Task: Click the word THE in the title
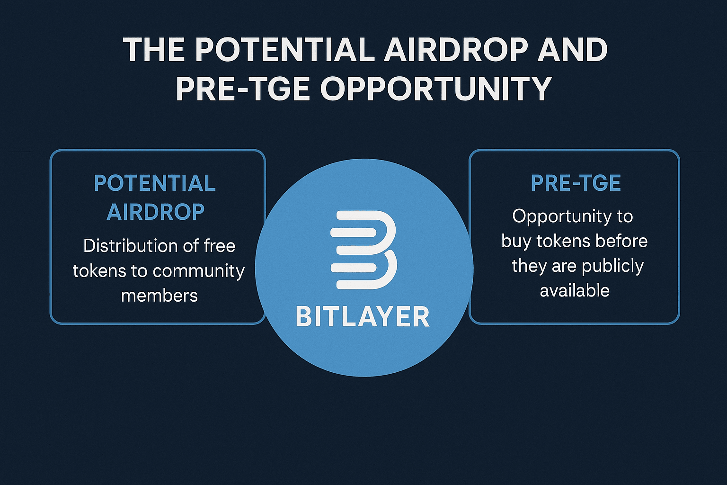(154, 50)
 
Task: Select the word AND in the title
(572, 50)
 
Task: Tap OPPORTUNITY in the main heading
(436, 89)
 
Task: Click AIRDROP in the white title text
(456, 50)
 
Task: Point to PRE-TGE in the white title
(242, 89)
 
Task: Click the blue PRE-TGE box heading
(576, 183)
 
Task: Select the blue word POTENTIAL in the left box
(155, 183)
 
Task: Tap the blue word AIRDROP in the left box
(155, 212)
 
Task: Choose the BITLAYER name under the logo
(363, 317)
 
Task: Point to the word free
(220, 246)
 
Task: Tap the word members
(160, 296)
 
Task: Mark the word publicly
(612, 266)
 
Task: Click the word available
(575, 290)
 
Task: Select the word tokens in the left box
(99, 271)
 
